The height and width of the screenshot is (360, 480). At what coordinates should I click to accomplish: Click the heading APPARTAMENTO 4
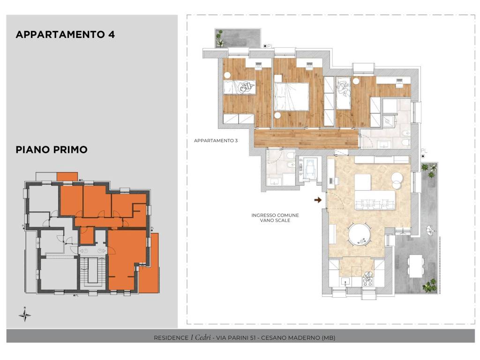pos(65,35)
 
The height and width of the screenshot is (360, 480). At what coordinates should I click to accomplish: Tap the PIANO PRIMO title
pos(52,150)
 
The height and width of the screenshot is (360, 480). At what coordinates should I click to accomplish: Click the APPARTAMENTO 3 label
pos(216,141)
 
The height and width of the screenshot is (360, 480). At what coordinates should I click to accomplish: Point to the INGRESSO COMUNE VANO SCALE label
pos(275,217)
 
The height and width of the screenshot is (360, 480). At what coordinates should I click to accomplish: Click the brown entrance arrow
pos(318,200)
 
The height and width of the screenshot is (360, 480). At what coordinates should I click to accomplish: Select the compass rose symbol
pos(25,315)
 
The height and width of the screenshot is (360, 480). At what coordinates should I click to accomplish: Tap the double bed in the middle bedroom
pos(291,97)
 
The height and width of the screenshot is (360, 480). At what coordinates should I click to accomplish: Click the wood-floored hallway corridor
pos(306,139)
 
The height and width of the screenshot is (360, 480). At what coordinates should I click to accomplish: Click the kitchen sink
pos(346,281)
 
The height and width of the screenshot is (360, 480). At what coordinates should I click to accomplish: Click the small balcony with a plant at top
pos(238,38)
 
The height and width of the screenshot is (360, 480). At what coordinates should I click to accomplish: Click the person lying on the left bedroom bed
pos(247,87)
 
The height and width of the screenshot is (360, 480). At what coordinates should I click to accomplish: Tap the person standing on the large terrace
pos(431,230)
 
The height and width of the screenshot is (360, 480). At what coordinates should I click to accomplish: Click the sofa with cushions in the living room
pos(375,200)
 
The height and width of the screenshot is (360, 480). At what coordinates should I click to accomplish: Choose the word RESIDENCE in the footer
pos(171,338)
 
